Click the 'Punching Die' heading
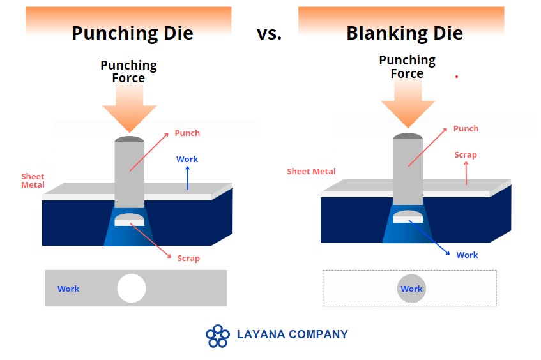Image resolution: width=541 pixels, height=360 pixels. point(132,34)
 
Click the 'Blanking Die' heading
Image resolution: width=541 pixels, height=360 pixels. point(404,33)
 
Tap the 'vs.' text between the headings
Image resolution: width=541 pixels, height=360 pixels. point(269,34)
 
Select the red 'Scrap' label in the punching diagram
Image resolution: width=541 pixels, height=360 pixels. point(188,259)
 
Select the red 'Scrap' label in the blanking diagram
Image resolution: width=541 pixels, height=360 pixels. point(466,155)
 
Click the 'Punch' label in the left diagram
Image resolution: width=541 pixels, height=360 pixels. point(187,133)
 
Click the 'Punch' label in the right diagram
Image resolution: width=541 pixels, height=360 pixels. point(466,129)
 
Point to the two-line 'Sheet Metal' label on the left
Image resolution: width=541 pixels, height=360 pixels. point(33,181)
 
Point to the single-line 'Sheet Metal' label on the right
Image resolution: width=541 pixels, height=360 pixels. point(311,171)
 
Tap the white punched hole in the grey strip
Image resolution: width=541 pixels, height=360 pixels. point(132,289)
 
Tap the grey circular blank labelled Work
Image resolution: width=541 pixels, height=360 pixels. point(411,289)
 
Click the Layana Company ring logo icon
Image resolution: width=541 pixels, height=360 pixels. point(217,336)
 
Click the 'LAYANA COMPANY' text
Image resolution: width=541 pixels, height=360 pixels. point(293,334)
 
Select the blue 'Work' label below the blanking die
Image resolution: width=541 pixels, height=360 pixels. point(467,255)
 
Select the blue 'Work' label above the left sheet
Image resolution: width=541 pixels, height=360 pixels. point(187,160)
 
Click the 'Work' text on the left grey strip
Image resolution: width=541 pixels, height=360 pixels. point(68,289)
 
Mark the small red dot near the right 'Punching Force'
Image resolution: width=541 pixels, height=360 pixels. point(457,77)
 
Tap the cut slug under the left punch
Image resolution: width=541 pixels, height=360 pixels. point(130,220)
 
